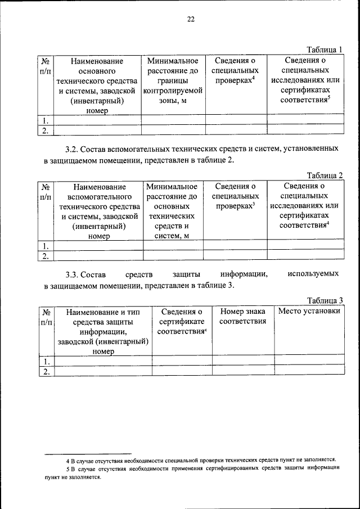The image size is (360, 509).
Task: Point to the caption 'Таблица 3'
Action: tap(325, 300)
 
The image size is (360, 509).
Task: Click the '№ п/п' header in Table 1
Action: tap(46, 66)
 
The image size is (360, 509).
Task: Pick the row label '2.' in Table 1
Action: tap(46, 130)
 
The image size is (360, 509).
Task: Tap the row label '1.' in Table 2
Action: tap(46, 246)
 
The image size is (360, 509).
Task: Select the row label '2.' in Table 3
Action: tap(46, 371)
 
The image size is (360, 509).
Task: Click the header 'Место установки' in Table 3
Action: tap(309, 311)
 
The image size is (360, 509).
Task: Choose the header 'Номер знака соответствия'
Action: tap(243, 316)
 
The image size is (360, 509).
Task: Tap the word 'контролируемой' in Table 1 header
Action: tap(173, 91)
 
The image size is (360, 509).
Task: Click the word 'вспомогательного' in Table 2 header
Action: tap(99, 197)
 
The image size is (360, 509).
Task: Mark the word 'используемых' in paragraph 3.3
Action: tap(313, 274)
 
